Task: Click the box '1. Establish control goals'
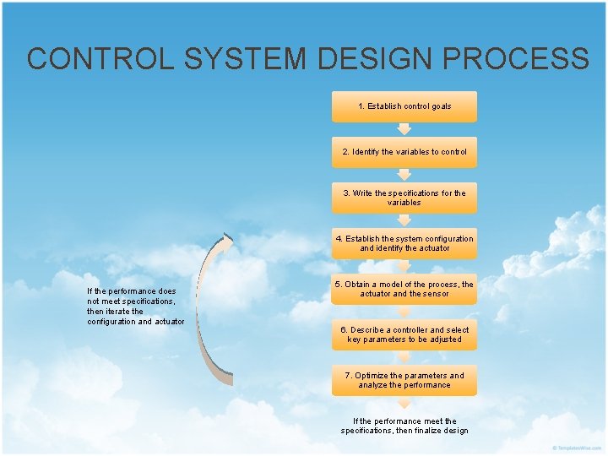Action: click(x=404, y=106)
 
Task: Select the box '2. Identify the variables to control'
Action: click(x=404, y=152)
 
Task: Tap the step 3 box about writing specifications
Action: click(x=404, y=198)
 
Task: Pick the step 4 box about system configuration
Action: click(x=404, y=243)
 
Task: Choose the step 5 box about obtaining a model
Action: click(x=404, y=289)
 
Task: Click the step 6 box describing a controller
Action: click(x=404, y=334)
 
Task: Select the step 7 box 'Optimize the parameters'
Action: click(x=404, y=380)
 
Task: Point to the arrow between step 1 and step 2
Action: click(x=404, y=129)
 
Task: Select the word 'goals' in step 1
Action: click(x=440, y=106)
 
